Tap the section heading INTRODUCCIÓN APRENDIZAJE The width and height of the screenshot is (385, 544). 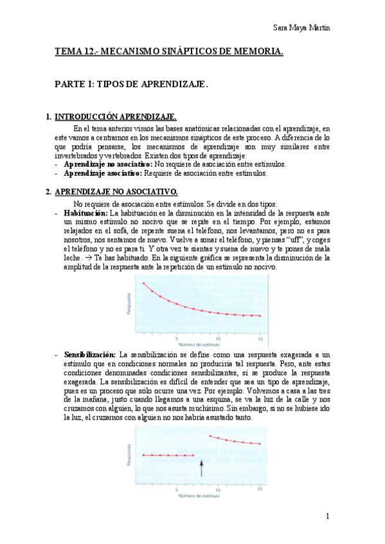(x=116, y=117)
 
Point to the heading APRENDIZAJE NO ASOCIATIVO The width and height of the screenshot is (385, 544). (x=116, y=192)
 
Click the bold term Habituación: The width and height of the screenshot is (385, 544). (x=86, y=212)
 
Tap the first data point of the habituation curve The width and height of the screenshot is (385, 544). (x=143, y=283)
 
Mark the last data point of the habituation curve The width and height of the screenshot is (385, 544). (x=260, y=316)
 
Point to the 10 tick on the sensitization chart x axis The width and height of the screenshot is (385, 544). (x=219, y=489)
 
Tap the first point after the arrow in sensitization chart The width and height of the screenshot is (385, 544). (x=210, y=436)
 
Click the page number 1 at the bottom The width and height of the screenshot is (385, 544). (x=327, y=516)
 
